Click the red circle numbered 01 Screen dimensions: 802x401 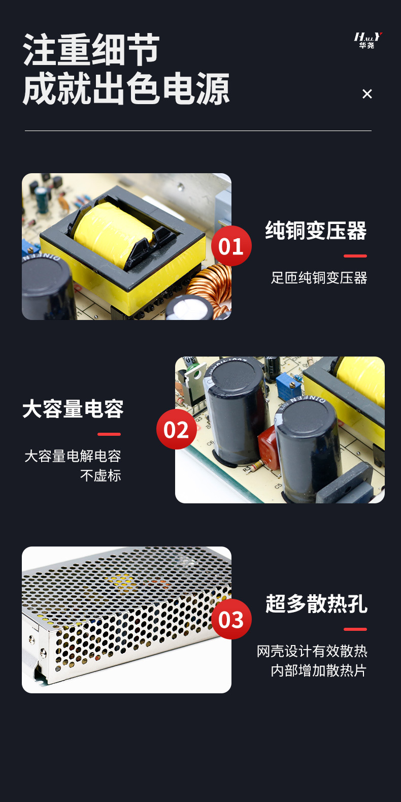pos(231,246)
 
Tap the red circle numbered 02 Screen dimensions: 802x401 pos(176,430)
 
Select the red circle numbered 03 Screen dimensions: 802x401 pos(231,619)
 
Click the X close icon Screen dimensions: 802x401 pos(367,94)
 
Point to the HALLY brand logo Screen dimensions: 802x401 pos(367,40)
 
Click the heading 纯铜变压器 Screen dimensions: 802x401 pos(316,231)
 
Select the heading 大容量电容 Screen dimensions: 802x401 pos(73,409)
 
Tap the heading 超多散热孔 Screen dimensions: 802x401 pos(316,604)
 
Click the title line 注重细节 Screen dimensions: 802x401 pos(91,50)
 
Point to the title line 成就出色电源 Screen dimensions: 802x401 pos(126,89)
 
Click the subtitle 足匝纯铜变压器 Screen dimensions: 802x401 pos(319,278)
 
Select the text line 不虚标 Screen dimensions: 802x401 pos(101,475)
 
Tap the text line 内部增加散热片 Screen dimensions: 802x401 pos(318,670)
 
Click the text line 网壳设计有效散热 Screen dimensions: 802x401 pos(312,651)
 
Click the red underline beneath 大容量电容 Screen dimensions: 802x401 pos(109,434)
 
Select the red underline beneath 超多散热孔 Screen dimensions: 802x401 pos(355,629)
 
